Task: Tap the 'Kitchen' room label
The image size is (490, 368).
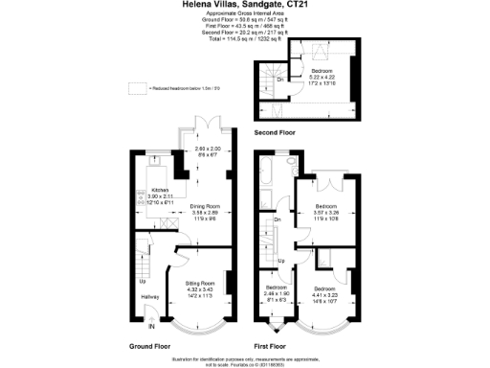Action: pos(147,191)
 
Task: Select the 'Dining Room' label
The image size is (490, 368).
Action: pos(202,206)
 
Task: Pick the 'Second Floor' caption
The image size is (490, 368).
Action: pos(276,129)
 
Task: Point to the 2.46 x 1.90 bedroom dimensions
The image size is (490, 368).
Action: pos(277,293)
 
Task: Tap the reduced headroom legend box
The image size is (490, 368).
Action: pos(135,87)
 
